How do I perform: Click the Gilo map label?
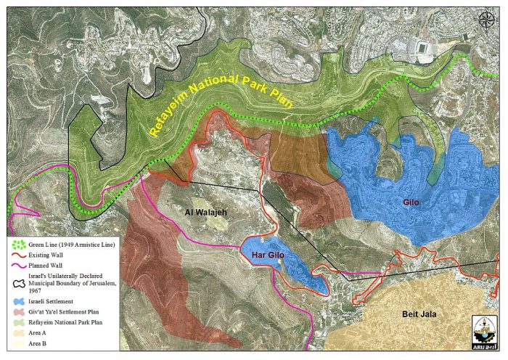pos(411,203)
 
